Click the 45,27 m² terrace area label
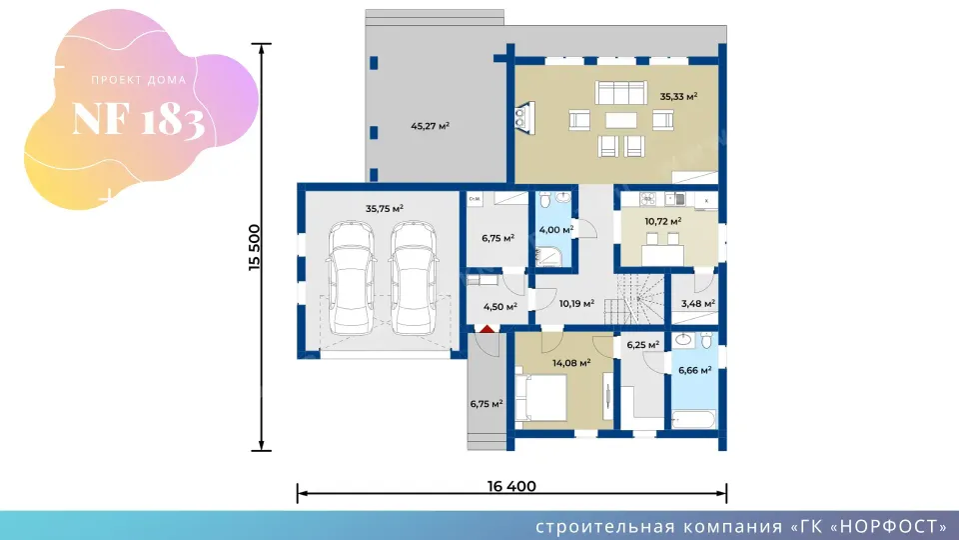430,126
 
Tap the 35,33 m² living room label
678,96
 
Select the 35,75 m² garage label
384,208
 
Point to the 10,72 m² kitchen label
663,221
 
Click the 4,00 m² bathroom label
556,230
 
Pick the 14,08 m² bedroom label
571,362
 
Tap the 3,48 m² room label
698,303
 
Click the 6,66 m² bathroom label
695,370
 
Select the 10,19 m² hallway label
576,302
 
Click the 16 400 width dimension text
511,486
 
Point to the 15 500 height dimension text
254,247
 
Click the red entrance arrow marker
486,329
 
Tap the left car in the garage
351,279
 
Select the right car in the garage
414,279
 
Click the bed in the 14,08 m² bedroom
540,397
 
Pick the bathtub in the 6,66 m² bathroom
693,419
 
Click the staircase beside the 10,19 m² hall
634,299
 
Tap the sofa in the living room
620,92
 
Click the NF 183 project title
138,118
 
